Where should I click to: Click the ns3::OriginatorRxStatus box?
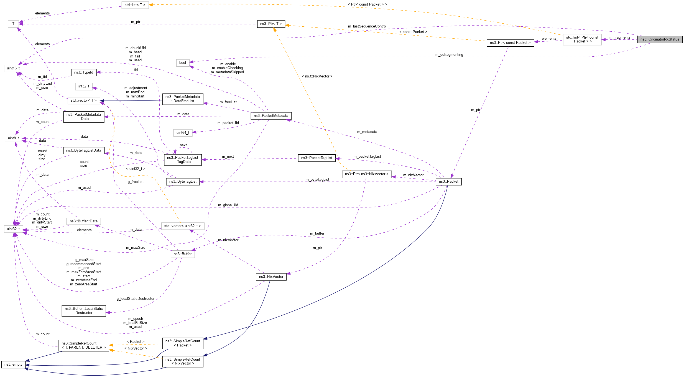click(659, 39)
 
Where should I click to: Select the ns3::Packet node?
click(448, 182)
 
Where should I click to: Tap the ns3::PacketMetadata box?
click(271, 116)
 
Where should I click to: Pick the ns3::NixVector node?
click(271, 277)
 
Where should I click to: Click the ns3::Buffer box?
click(183, 254)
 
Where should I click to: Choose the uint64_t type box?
click(183, 133)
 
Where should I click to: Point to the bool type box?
click(183, 63)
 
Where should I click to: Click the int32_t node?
click(84, 86)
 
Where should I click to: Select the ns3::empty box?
click(13, 365)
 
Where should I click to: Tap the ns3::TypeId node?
click(84, 72)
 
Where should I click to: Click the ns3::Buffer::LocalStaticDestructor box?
click(84, 311)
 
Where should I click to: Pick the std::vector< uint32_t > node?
click(183, 226)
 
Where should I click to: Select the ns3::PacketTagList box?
click(317, 158)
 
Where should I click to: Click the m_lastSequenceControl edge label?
click(367, 26)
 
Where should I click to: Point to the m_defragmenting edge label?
click(449, 55)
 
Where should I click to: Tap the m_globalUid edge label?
click(228, 205)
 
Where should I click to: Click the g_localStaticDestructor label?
click(136, 299)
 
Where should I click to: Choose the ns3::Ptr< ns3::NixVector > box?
click(367, 174)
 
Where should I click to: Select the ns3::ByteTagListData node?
click(84, 150)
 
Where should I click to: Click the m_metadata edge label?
click(367, 132)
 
